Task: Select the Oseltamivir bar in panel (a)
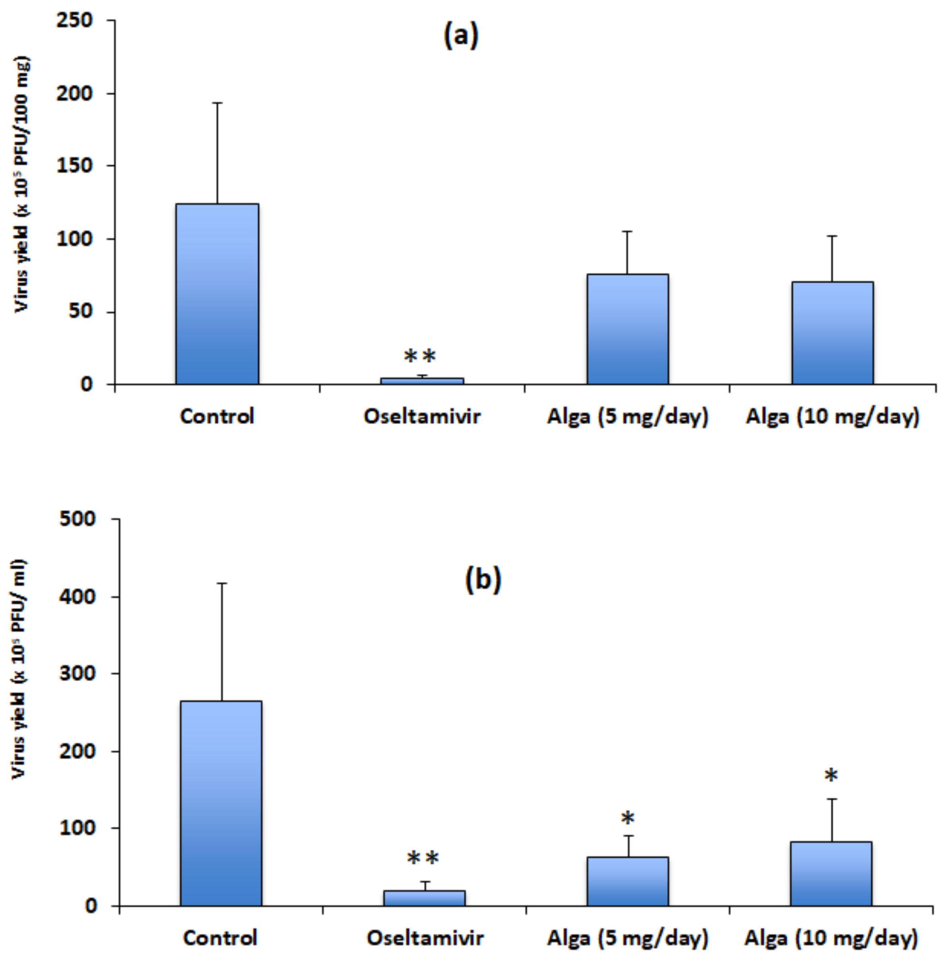pyautogui.click(x=422, y=381)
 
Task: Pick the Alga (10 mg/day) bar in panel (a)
pyautogui.click(x=832, y=333)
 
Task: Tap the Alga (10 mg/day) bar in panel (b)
pyautogui.click(x=831, y=874)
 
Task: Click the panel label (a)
pyautogui.click(x=460, y=36)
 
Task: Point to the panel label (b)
pyautogui.click(x=483, y=580)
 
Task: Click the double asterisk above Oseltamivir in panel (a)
pyautogui.click(x=420, y=356)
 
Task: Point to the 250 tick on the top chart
pyautogui.click(x=74, y=20)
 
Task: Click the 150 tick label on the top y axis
pyautogui.click(x=74, y=166)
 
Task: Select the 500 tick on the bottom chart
pyautogui.click(x=77, y=519)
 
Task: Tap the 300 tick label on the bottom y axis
pyautogui.click(x=77, y=674)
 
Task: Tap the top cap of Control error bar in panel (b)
pyautogui.click(x=221, y=584)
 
